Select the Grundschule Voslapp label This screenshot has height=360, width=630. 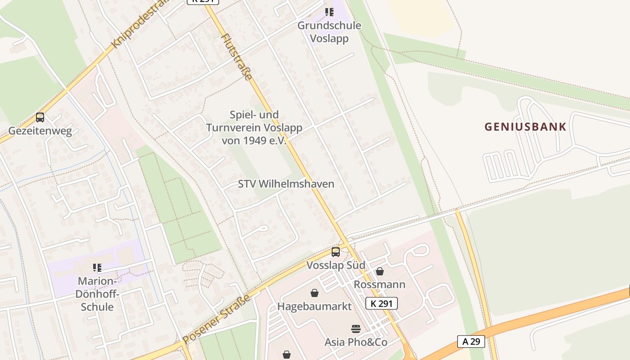[x=329, y=32]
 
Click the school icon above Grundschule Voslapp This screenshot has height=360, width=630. [x=329, y=12]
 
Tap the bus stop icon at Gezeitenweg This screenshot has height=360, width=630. [x=40, y=117]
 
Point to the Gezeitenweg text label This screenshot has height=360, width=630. [x=40, y=131]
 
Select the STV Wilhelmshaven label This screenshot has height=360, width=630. [x=286, y=184]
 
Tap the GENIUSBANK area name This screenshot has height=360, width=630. [x=525, y=127]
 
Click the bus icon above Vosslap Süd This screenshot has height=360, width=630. [x=336, y=252]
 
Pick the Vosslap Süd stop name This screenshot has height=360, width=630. [x=336, y=265]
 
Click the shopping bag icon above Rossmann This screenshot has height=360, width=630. [x=380, y=271]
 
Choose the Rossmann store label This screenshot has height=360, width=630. [x=379, y=284]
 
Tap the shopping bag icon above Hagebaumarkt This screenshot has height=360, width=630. [x=315, y=293]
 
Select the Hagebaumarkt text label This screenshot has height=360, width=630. [x=314, y=306]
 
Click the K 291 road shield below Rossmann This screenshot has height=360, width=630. [x=381, y=303]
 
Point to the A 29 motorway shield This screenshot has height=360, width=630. [x=471, y=342]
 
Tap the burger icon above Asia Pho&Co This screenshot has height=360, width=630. [x=356, y=328]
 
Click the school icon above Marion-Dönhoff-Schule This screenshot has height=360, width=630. [x=97, y=268]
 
